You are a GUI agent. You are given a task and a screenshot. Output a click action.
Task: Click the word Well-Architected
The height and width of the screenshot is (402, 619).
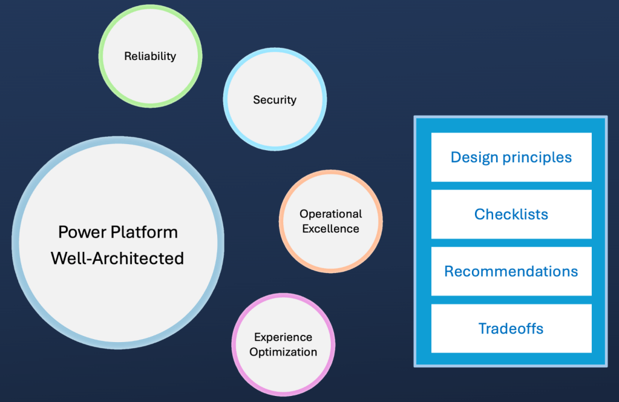pos(117,258)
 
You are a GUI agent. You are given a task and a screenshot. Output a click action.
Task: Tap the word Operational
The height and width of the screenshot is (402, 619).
pos(331,214)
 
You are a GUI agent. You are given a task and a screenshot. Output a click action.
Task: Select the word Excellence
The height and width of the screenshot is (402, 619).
pos(330,228)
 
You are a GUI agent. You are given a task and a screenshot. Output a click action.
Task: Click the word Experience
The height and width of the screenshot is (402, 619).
pos(283,337)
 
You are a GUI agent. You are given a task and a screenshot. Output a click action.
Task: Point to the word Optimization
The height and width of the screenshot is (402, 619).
pos(283,352)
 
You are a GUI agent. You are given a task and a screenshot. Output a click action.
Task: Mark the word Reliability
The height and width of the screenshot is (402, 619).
pos(150,56)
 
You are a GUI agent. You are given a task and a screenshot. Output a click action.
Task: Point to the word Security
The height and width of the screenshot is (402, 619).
pos(275,100)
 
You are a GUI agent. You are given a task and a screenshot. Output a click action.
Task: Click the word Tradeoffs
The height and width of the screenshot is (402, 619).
pos(511,329)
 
